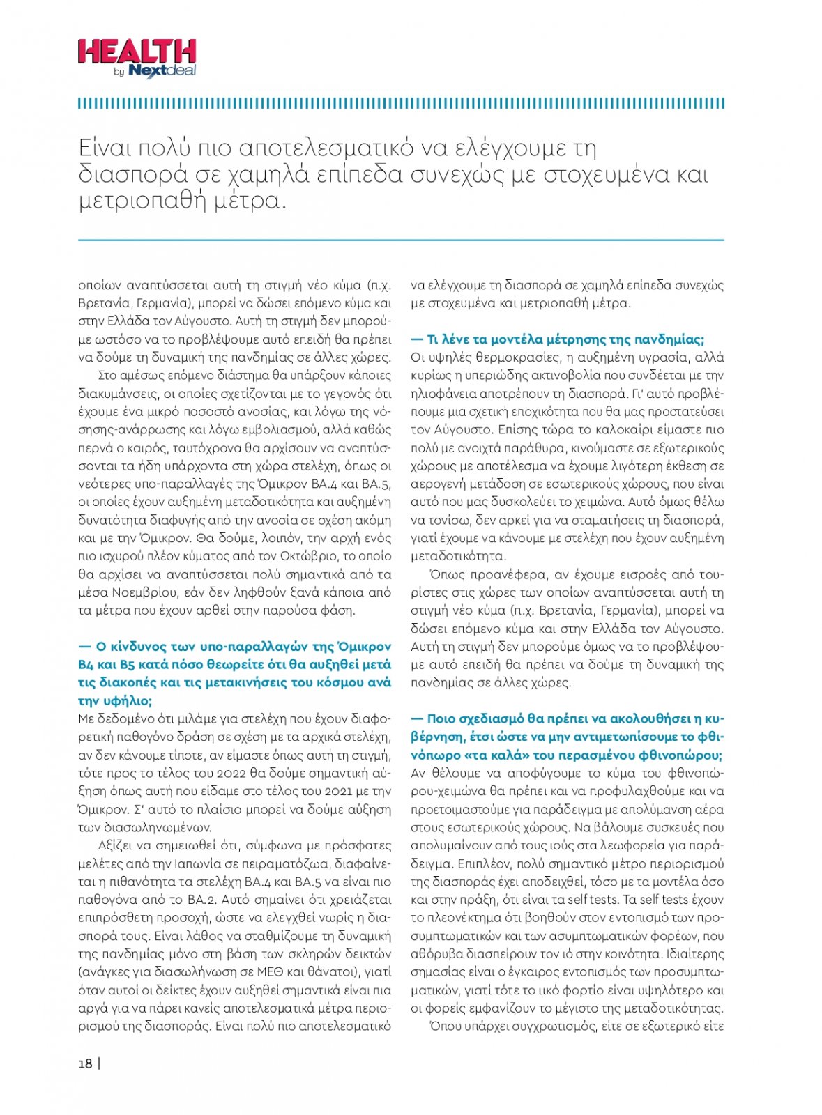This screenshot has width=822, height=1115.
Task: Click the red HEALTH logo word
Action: tap(137, 52)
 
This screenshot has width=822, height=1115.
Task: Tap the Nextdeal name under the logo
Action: tap(162, 70)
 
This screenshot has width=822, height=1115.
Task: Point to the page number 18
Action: tap(85, 1063)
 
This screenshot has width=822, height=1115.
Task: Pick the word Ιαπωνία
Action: tap(190, 864)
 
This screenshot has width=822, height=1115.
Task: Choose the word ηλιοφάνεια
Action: tap(443, 394)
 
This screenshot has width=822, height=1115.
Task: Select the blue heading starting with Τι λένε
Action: tap(557, 339)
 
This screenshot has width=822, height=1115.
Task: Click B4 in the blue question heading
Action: tap(87, 665)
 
